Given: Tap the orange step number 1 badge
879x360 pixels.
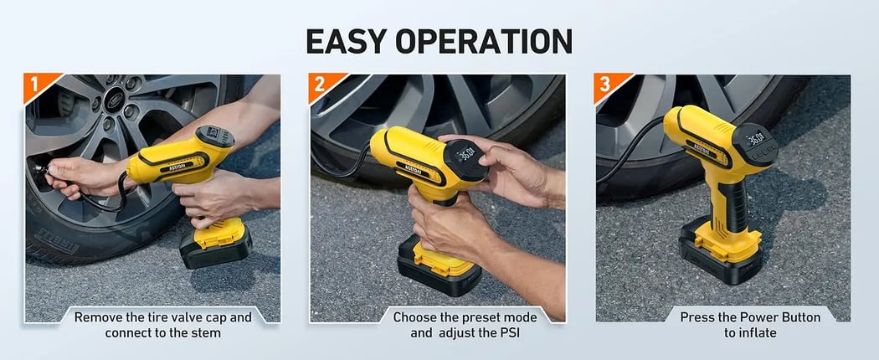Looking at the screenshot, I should (36, 85).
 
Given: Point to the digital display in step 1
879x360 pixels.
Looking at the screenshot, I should (210, 133).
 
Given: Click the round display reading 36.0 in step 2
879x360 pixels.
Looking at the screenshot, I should (465, 154).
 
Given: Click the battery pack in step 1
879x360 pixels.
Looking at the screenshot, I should (213, 244).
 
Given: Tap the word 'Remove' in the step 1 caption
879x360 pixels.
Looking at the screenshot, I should (97, 317).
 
